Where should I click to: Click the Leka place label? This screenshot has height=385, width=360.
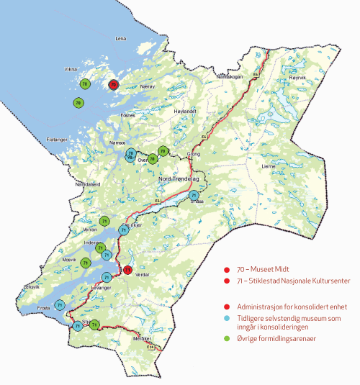tap(121, 39)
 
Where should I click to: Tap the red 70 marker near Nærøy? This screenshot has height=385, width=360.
tap(113, 84)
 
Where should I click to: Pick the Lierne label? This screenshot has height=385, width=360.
tap(269, 165)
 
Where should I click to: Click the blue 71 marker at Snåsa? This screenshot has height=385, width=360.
tap(194, 195)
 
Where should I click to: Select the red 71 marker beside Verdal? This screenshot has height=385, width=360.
tap(127, 270)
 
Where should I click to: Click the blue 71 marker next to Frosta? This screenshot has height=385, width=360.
tap(60, 304)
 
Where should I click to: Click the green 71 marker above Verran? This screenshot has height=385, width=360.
tap(105, 220)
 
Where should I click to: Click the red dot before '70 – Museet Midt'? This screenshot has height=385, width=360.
tap(228, 267)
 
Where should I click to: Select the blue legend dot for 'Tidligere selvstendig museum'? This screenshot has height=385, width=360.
tap(228, 317)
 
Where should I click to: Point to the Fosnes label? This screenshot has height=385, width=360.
tap(128, 114)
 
